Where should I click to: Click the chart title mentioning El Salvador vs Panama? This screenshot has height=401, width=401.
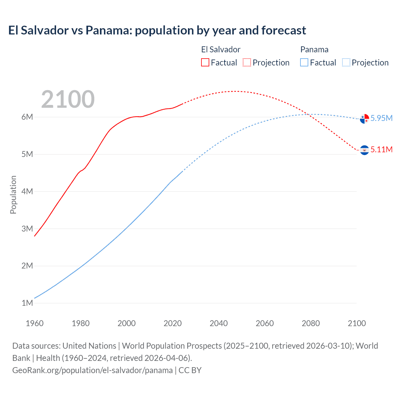click(157, 30)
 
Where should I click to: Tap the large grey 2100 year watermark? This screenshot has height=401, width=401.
click(68, 99)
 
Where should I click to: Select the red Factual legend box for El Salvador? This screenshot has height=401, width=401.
click(205, 62)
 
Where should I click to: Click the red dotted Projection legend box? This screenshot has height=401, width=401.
click(247, 62)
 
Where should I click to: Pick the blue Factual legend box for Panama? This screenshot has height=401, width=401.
click(304, 62)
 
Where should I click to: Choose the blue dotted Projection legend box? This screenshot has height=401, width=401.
click(346, 62)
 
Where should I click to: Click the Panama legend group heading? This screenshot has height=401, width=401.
click(314, 49)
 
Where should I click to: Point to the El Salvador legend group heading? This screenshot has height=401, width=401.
click(221, 49)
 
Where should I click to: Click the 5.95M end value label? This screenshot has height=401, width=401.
click(381, 118)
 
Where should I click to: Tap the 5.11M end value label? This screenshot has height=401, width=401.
click(381, 149)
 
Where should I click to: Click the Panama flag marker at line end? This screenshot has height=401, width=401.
click(364, 119)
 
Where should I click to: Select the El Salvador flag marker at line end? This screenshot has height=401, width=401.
click(364, 150)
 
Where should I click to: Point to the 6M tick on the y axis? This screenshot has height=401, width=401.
click(27, 117)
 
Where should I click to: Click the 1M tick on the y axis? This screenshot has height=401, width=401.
click(27, 303)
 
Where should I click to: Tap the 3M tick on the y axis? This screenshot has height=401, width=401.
click(27, 229)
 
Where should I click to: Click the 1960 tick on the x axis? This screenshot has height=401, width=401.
click(34, 323)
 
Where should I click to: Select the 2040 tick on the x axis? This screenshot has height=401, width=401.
click(219, 323)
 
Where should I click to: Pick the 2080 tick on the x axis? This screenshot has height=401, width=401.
click(311, 323)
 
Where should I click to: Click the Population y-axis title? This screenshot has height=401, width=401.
click(13, 195)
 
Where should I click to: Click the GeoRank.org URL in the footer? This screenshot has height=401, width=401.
click(92, 370)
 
